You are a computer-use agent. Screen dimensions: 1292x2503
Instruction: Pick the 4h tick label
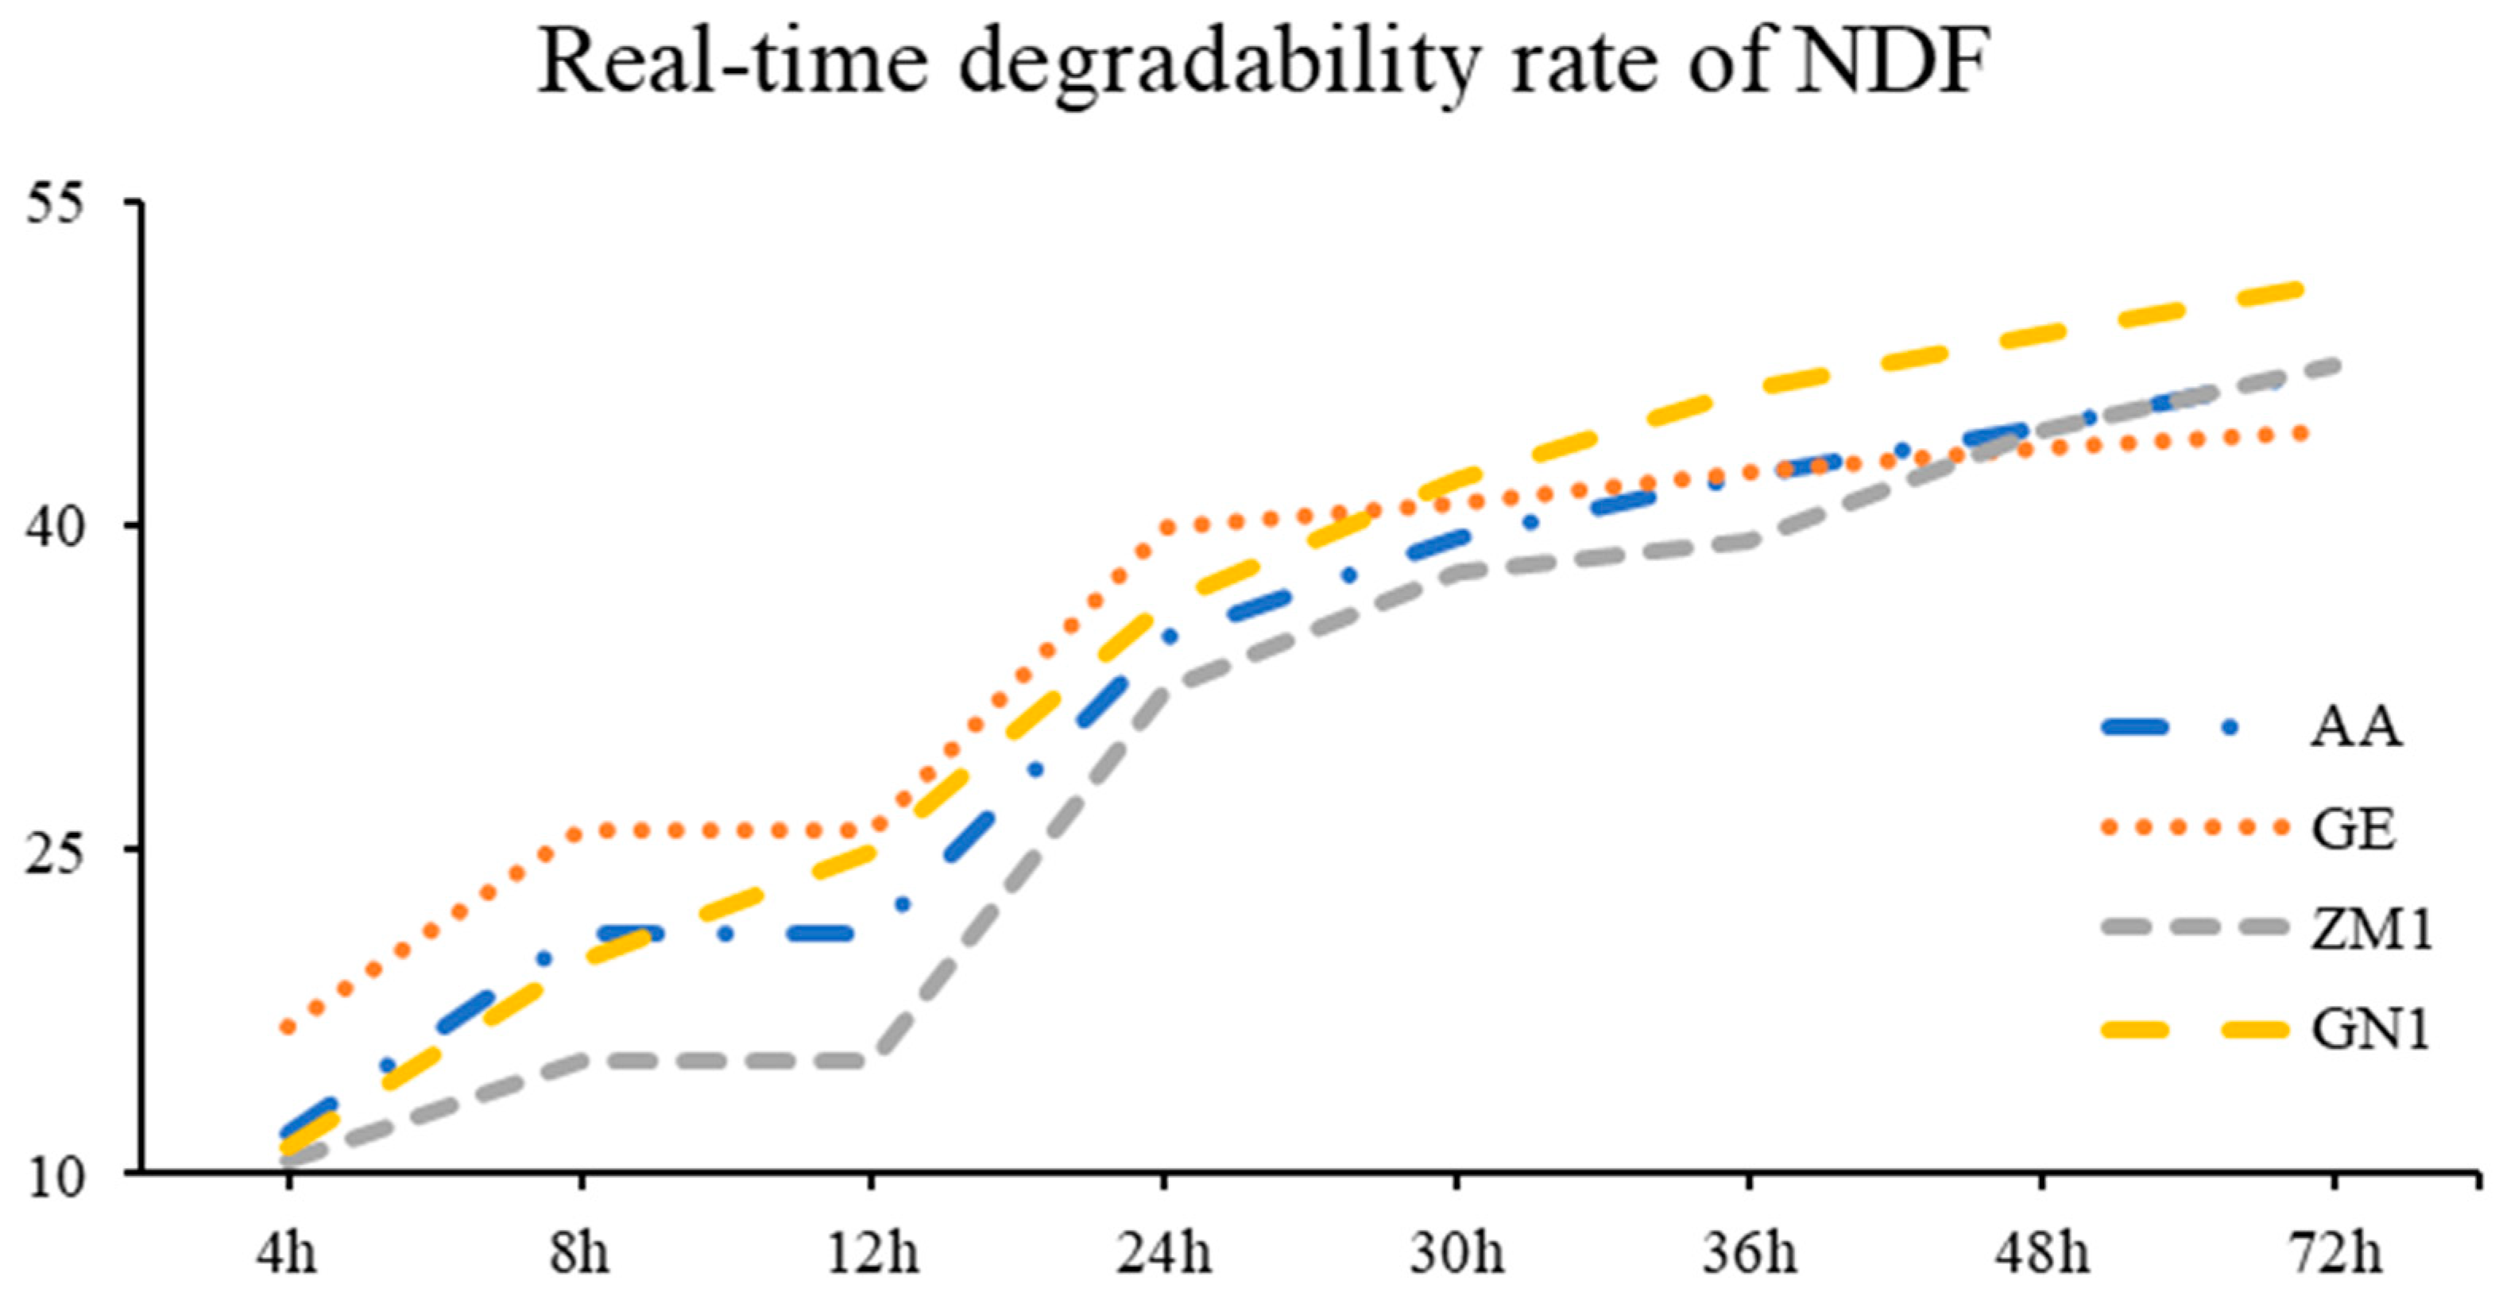pyautogui.click(x=287, y=1252)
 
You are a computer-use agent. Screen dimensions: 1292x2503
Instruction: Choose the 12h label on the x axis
pyautogui.click(x=872, y=1252)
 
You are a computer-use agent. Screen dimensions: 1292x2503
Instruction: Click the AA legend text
pyautogui.click(x=2354, y=726)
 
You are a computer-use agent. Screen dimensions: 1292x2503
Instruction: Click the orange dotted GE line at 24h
pyautogui.click(x=1166, y=528)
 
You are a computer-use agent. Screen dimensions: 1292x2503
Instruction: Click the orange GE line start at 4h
pyautogui.click(x=288, y=1027)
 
